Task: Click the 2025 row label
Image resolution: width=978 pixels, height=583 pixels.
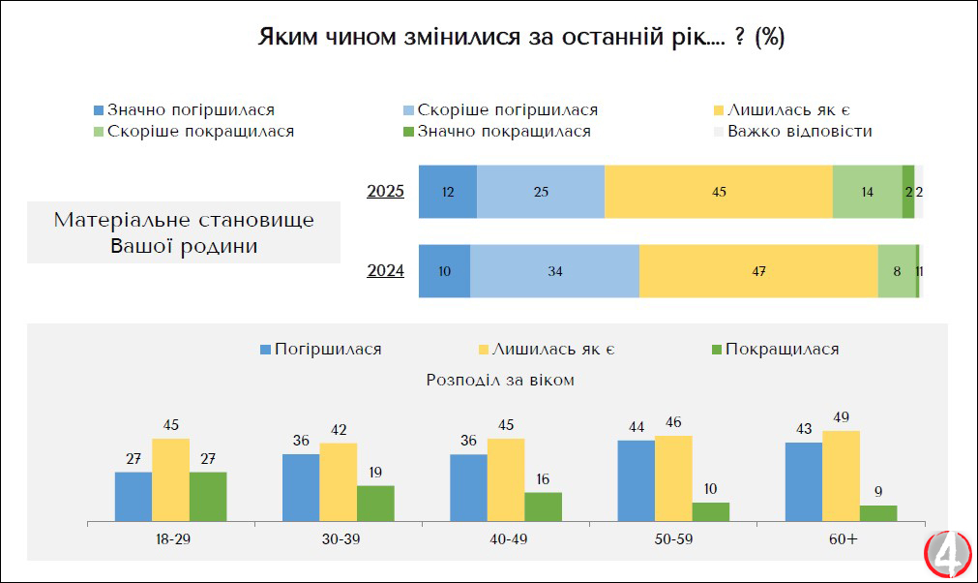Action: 386,191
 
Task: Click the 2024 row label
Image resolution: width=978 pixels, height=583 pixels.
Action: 386,270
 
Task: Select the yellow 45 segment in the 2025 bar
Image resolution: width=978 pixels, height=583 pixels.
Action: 718,191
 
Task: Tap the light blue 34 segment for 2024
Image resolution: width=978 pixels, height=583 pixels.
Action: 554,271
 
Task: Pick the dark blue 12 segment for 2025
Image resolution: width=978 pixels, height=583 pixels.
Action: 448,191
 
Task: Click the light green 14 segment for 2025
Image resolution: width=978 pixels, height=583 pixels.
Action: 867,191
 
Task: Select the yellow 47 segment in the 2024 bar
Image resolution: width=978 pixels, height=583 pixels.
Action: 757,271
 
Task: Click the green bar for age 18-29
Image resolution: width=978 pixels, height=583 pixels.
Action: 207,497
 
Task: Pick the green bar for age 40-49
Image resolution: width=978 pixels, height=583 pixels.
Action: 543,506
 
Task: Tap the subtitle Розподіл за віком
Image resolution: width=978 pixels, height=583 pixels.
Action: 500,380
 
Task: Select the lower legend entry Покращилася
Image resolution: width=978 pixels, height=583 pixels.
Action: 774,349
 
